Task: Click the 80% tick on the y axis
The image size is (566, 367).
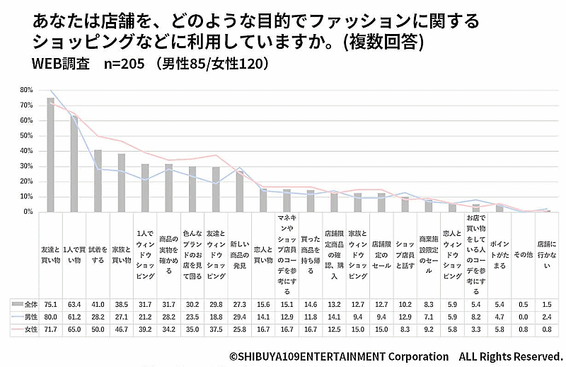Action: point(26,90)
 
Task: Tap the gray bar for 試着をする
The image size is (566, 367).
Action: point(98,181)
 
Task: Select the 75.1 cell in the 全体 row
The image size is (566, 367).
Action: point(50,304)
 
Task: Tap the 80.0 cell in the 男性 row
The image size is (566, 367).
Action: point(50,317)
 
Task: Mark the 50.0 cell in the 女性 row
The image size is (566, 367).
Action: point(98,329)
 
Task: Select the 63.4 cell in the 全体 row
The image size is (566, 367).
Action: point(74,304)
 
